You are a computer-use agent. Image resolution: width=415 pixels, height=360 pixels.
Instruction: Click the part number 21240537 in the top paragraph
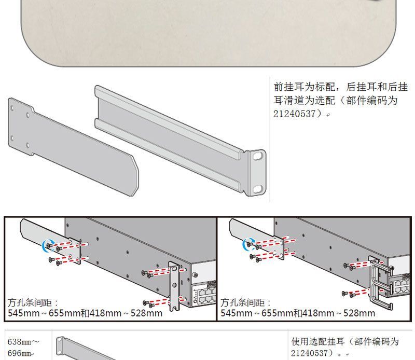point(294,114)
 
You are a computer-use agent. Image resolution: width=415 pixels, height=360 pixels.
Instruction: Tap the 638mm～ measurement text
point(24,342)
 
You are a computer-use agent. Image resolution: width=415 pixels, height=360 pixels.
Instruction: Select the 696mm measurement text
point(20,353)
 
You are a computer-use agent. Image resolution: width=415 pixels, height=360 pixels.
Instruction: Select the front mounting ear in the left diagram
point(174,285)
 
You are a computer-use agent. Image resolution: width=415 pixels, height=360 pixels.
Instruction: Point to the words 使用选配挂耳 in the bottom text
point(318,342)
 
